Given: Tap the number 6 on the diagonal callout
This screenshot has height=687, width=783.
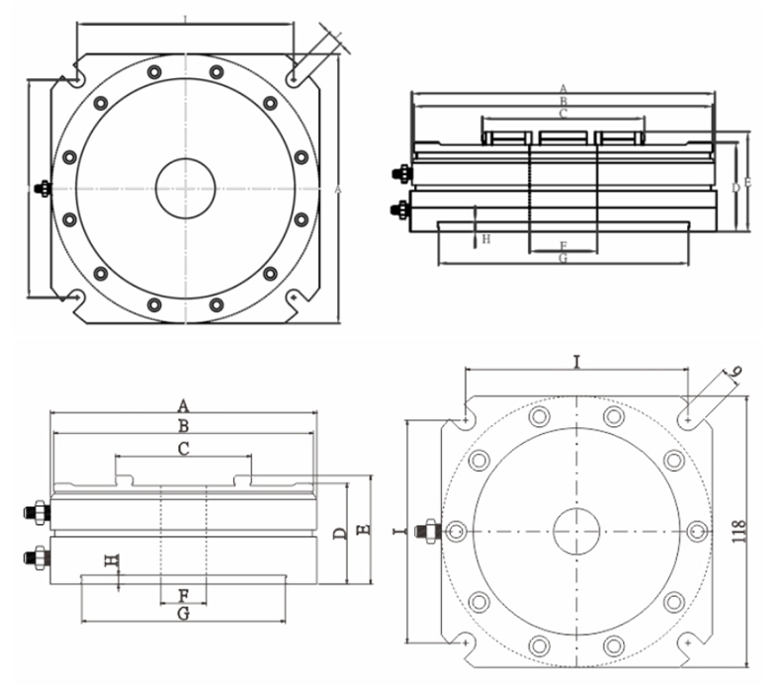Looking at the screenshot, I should pyautogui.click(x=734, y=374).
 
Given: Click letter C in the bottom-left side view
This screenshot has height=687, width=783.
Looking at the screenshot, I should pyautogui.click(x=183, y=449).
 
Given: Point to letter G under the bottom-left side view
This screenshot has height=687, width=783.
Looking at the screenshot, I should pyautogui.click(x=183, y=614).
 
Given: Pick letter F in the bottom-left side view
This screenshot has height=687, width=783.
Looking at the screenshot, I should pyautogui.click(x=183, y=595).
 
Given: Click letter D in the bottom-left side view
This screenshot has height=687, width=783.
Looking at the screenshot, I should pyautogui.click(x=339, y=535).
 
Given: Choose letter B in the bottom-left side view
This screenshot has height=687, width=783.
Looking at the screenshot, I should pyautogui.click(x=363, y=531).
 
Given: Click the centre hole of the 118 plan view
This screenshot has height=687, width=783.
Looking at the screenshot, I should pyautogui.click(x=576, y=532).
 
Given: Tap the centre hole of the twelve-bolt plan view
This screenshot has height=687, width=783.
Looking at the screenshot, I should pyautogui.click(x=185, y=187).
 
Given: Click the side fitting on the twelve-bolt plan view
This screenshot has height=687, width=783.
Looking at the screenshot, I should pyautogui.click(x=43, y=188).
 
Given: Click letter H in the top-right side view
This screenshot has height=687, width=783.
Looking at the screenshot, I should pyautogui.click(x=484, y=239).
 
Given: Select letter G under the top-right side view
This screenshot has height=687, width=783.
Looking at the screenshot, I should pyautogui.click(x=563, y=259).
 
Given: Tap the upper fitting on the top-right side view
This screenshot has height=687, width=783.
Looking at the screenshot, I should pyautogui.click(x=399, y=174).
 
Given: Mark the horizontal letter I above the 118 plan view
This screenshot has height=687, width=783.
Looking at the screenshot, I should pyautogui.click(x=576, y=363).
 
